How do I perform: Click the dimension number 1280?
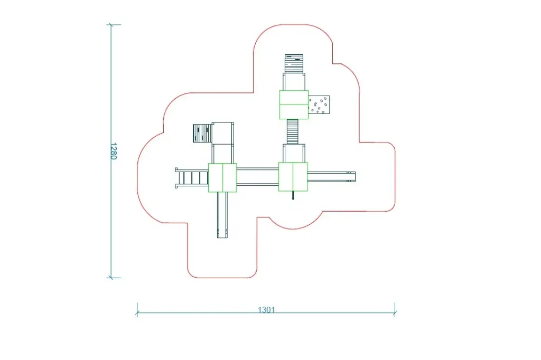tap(114, 151)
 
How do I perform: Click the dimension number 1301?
tap(266, 309)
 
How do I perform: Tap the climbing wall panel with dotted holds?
tap(319, 105)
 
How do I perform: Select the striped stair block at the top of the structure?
tap(294, 63)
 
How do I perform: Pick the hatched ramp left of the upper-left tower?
tap(202, 133)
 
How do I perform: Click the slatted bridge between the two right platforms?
tap(293, 131)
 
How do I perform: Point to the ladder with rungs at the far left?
tap(192, 178)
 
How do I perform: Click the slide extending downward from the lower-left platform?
tap(222, 215)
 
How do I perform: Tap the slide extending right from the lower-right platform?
tap(331, 176)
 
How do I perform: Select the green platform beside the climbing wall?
tap(294, 105)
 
